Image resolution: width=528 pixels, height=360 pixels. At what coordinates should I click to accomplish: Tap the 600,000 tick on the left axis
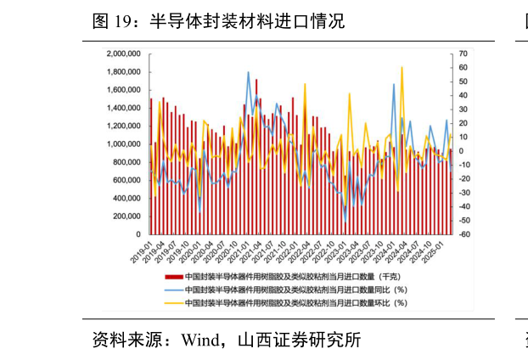point(126,180)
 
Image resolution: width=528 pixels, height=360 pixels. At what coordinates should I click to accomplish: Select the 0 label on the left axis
point(138,234)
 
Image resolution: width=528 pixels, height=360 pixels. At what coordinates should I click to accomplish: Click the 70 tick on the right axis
point(463,53)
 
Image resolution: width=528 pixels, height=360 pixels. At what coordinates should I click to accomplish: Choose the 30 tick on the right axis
point(463,110)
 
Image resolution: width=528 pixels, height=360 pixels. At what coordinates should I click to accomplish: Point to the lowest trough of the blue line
point(345,222)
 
